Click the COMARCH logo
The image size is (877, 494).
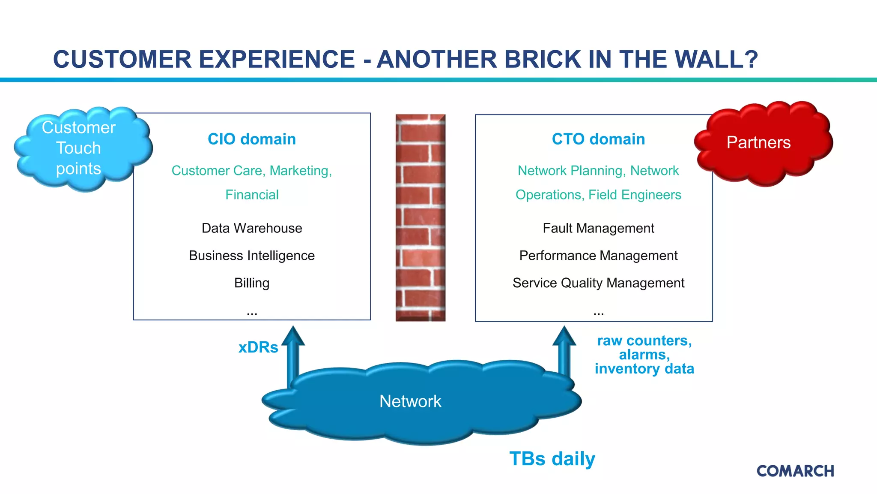(x=795, y=471)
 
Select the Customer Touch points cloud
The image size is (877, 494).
(x=79, y=148)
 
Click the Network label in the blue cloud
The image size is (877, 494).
(x=410, y=401)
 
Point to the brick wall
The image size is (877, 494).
(x=421, y=217)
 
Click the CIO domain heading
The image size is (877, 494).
(x=252, y=139)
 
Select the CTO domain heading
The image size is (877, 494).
(x=598, y=139)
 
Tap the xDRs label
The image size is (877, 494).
(x=258, y=347)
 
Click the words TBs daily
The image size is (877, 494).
(x=552, y=459)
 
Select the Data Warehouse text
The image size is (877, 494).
(x=252, y=228)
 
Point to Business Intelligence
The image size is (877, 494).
(x=252, y=256)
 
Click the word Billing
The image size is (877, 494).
(x=252, y=283)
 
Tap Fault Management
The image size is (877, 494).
(x=598, y=228)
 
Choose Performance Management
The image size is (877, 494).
(x=598, y=256)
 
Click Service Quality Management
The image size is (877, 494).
(x=598, y=283)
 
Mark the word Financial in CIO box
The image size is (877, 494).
(x=252, y=195)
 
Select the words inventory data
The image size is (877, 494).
(x=644, y=369)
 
